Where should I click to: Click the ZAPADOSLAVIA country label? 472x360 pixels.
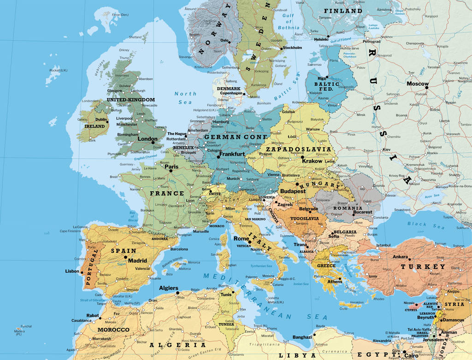pos(298,149)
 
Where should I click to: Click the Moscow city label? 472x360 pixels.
pos(418,84)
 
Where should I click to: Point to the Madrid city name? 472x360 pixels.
pos(137,260)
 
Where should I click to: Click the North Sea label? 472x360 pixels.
pos(185,98)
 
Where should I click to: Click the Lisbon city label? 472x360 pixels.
pos(72,271)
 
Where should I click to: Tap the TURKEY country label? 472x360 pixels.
pos(423,266)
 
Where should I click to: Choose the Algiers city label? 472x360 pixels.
pos(168,288)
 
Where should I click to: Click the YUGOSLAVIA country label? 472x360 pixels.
pos(305,218)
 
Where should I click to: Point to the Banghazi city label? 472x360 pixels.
pos(302,337)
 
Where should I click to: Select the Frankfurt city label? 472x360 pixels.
pos(232,154)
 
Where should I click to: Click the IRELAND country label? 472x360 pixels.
pos(94,126)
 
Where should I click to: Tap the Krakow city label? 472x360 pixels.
pos(312,161)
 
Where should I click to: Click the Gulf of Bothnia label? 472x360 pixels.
pos(289,22)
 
